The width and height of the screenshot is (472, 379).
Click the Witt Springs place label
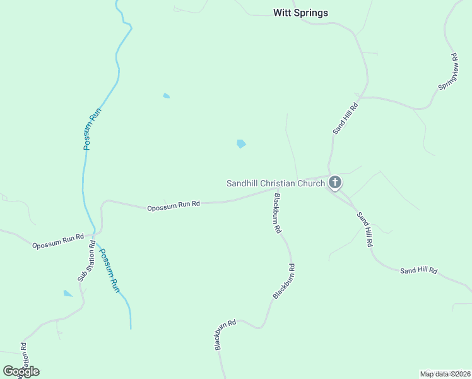point(300,13)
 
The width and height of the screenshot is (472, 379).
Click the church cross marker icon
point(335,183)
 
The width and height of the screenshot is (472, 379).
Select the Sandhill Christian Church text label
point(276,183)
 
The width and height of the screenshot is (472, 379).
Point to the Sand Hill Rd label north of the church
point(346,117)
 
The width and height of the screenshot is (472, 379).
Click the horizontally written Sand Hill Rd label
point(418,270)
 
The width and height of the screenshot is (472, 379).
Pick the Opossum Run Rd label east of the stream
point(174,205)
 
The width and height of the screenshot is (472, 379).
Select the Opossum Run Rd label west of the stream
point(58,241)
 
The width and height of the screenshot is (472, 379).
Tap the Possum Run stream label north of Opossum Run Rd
point(92,128)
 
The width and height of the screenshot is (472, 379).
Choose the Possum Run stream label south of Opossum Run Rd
point(110,269)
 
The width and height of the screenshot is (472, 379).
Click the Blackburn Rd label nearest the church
point(276,214)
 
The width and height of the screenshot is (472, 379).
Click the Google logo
point(21,371)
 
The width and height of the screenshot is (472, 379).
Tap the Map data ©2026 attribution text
point(444,374)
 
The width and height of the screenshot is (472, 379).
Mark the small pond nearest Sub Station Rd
point(68,293)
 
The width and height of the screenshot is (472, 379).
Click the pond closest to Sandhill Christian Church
point(241,144)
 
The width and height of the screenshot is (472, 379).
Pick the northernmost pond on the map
point(166,95)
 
